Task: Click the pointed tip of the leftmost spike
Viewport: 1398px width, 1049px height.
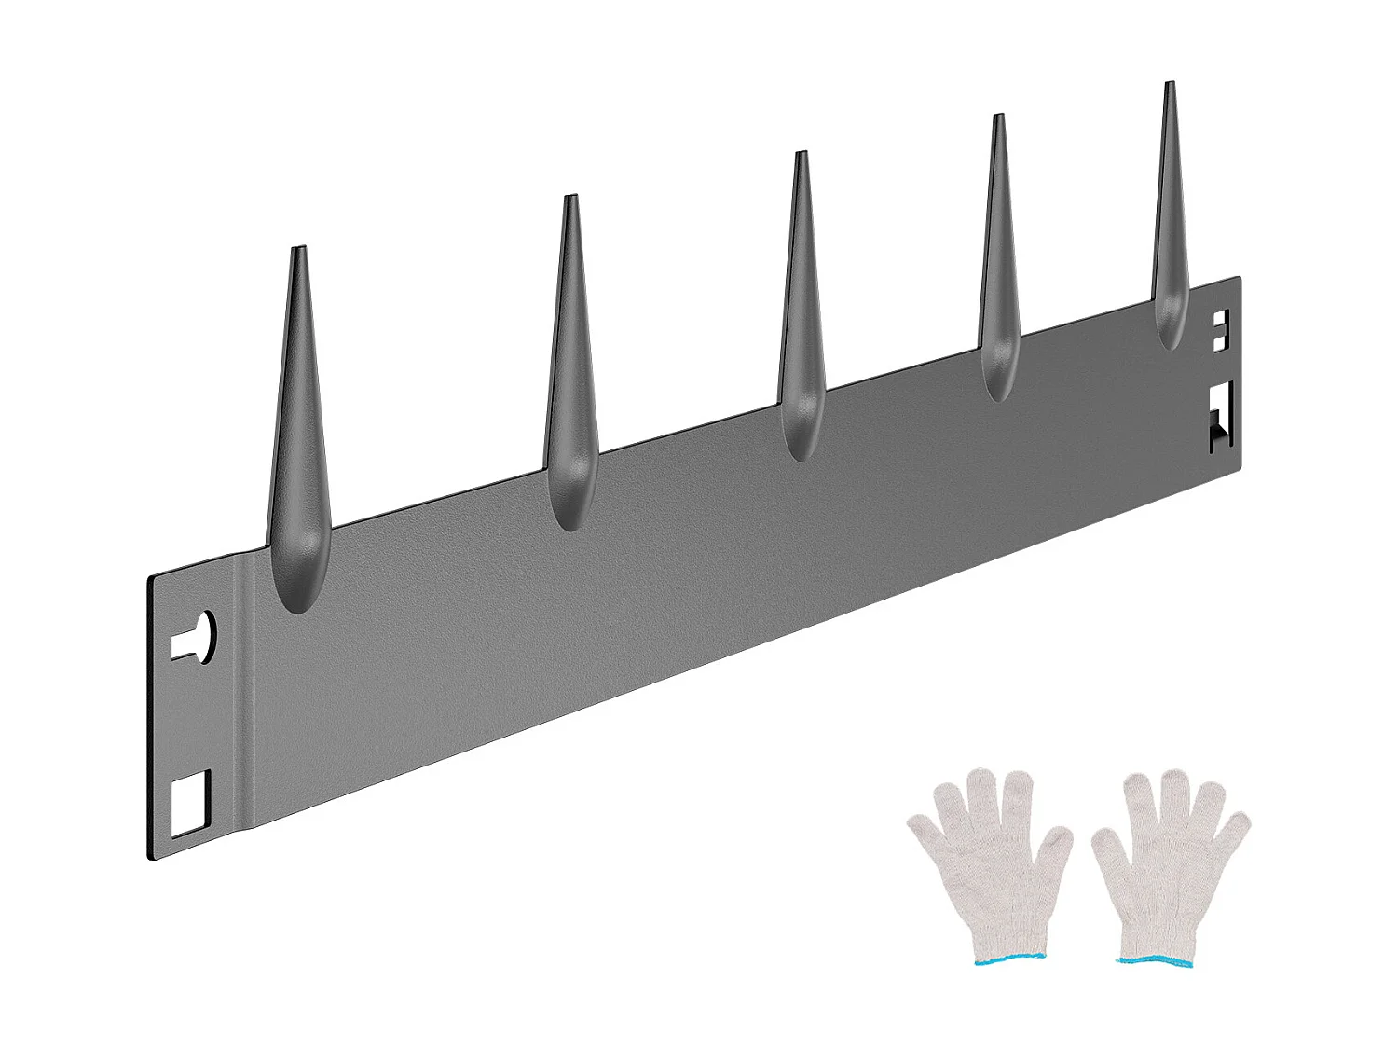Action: coord(299,250)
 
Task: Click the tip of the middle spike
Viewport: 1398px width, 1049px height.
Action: coord(800,155)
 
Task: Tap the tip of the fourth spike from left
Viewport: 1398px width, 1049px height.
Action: coord(998,117)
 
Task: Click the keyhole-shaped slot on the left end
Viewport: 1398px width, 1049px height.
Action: coord(198,638)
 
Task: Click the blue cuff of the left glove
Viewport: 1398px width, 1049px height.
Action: coord(1010,959)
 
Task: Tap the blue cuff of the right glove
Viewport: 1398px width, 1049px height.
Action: coord(1156,960)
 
